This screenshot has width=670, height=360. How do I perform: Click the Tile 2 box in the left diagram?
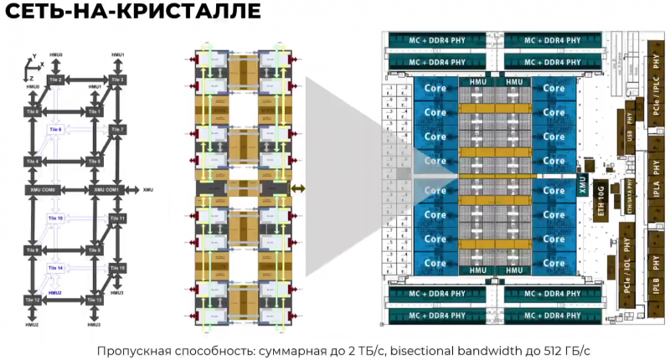(57, 80)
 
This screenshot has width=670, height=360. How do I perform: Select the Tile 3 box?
(117, 80)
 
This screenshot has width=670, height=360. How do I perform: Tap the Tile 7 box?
(117, 130)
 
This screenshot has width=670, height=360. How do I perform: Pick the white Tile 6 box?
(57, 130)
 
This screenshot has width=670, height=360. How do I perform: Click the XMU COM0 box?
(44, 191)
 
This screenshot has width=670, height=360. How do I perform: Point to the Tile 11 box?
(117, 219)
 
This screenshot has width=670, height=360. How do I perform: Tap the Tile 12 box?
(33, 300)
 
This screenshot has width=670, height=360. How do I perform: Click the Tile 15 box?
(117, 268)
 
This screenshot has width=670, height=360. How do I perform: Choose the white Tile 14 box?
(57, 268)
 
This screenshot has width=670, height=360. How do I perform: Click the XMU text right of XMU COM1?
(148, 190)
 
